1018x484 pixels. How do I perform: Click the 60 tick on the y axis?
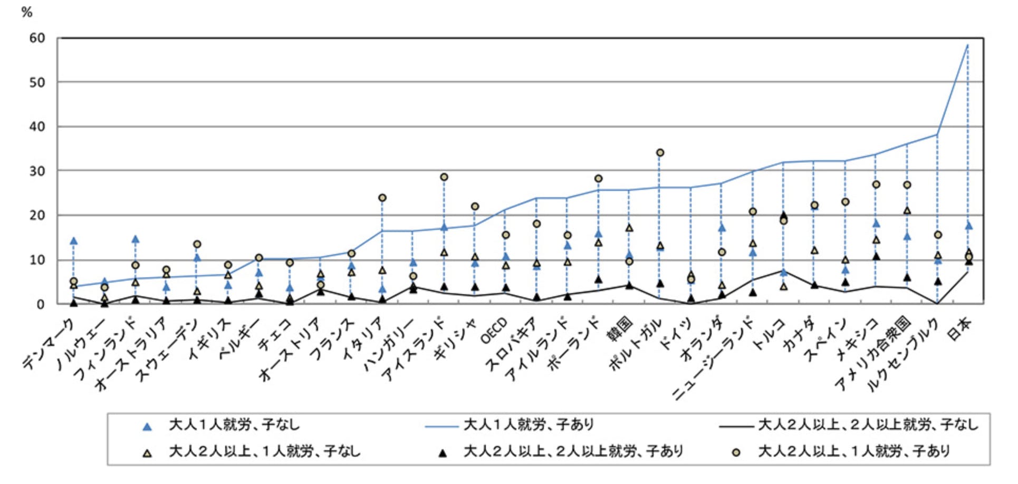pos(37,38)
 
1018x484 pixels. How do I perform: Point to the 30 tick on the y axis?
pos(37,171)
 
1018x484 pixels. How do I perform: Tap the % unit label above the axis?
pos(26,12)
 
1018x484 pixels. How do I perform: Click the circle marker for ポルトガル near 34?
pos(660,153)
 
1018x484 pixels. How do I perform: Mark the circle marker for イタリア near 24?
pos(382,198)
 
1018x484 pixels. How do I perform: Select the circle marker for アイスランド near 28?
pos(444,177)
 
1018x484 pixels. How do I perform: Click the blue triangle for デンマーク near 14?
pos(74,241)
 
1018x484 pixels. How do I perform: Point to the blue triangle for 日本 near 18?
pos(968,226)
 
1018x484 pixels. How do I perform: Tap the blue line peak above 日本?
pos(968,45)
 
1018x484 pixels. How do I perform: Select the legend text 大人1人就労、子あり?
pos(529,425)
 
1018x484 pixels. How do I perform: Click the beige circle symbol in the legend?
pos(736,452)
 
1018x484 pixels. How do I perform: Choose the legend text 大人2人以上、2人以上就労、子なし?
pos(868,425)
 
